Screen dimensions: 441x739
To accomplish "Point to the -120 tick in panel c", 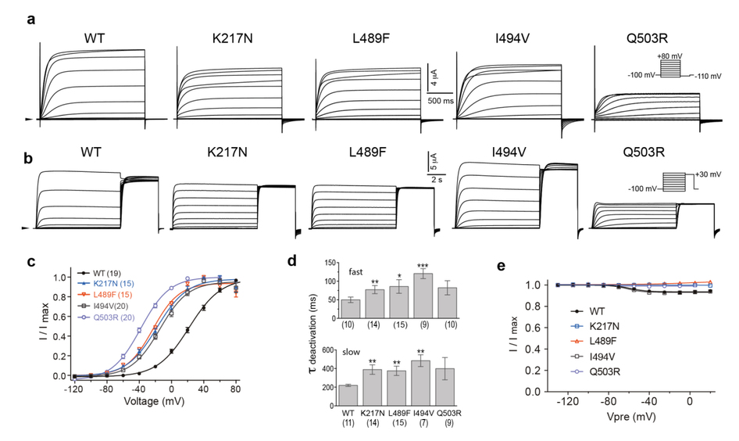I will tap(74, 388).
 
